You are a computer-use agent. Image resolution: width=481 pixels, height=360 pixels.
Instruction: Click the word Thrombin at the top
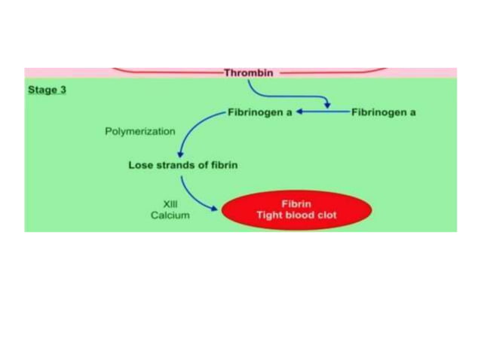(248, 73)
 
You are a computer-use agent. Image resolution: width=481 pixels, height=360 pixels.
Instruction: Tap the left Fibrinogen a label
(259, 112)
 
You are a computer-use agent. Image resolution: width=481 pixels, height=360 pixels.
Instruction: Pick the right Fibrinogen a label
(383, 112)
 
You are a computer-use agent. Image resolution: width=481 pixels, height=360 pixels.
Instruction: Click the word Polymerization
(139, 131)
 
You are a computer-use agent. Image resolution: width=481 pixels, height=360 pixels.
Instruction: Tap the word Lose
(141, 165)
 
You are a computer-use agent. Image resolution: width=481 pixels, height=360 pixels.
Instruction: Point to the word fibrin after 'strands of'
(224, 165)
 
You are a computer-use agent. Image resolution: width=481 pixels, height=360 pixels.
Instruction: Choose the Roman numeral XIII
(170, 203)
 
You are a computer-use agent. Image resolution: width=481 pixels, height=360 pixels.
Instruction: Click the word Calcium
(170, 215)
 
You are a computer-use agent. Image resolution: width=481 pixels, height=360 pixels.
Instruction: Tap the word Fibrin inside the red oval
(296, 203)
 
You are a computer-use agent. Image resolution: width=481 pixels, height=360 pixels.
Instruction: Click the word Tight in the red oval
(269, 215)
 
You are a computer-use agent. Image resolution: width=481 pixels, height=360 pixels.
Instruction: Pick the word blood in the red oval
(300, 215)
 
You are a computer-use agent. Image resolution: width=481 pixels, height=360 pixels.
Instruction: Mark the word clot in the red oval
(327, 215)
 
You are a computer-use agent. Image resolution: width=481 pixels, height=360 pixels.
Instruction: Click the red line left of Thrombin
(166, 72)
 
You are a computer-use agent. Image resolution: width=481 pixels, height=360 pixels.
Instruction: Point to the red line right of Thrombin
(332, 72)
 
